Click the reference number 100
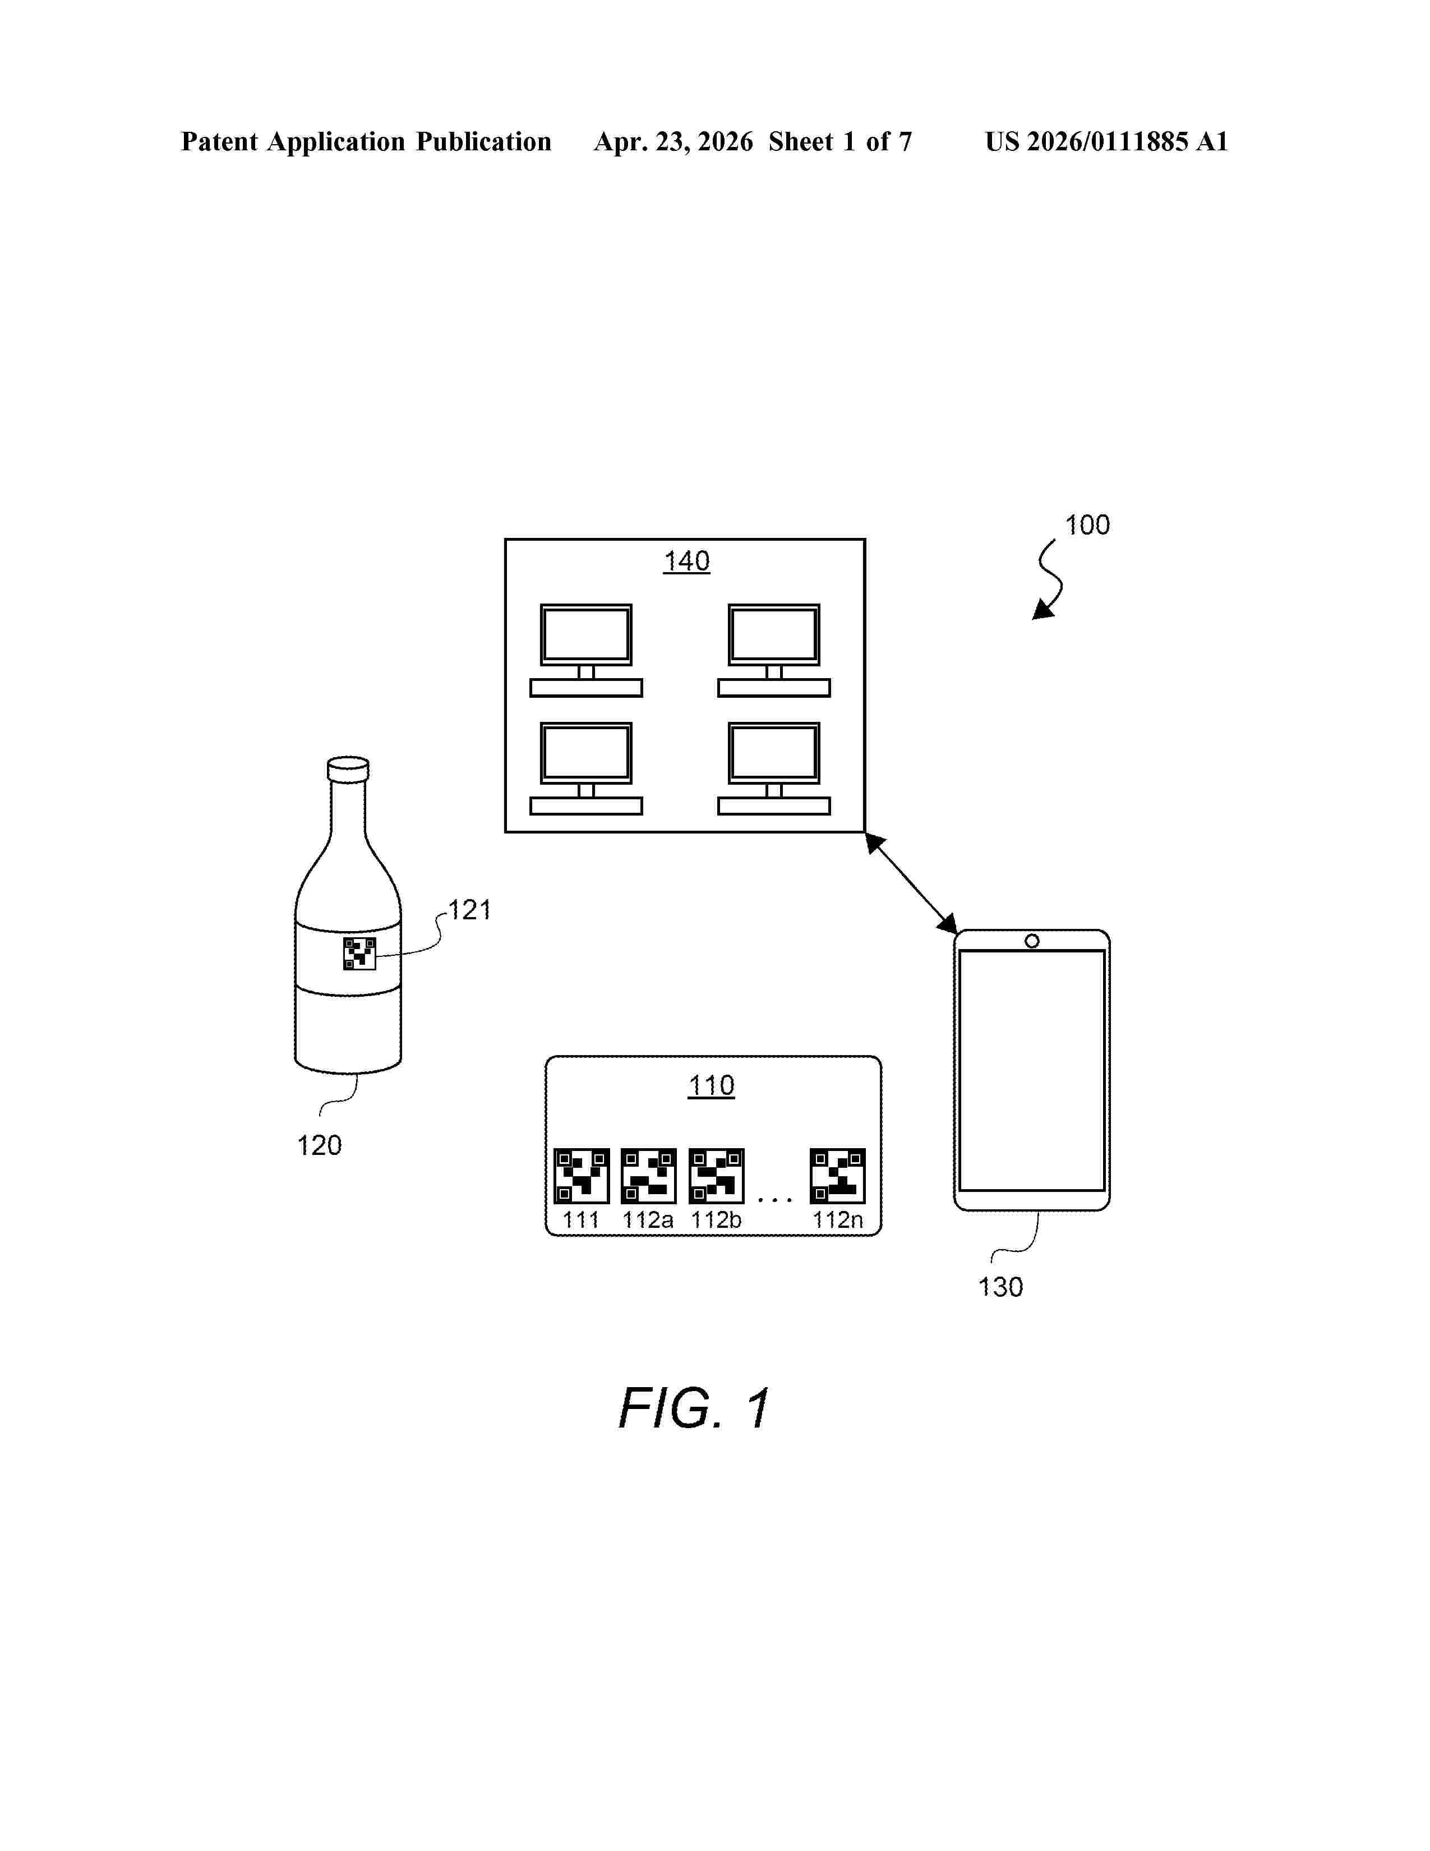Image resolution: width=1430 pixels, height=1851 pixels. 1087,526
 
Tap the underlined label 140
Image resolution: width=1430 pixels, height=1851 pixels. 686,561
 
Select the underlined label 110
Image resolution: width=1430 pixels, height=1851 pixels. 711,1086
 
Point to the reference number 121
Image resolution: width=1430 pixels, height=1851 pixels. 469,910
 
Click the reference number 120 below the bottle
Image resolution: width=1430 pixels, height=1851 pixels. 320,1146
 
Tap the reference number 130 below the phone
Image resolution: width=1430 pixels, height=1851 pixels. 1000,1287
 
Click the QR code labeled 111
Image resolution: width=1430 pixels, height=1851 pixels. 581,1176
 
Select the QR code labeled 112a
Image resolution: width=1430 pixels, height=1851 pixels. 648,1176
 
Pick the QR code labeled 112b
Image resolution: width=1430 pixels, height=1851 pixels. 716,1176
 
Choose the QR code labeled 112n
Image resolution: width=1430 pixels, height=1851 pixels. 837,1176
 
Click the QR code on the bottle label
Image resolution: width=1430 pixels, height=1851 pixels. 359,954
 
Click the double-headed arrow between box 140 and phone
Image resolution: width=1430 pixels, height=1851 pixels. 911,884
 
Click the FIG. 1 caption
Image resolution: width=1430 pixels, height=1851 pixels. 694,1408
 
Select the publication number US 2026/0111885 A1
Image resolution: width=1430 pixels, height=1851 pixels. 1106,141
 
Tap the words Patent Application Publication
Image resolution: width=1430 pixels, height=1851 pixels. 366,141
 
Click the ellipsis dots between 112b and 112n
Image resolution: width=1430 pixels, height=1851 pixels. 775,1199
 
